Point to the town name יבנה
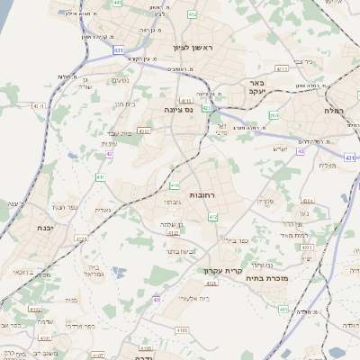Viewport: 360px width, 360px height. click(40, 228)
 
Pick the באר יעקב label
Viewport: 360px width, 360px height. click(259, 95)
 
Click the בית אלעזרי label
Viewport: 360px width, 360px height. click(194, 297)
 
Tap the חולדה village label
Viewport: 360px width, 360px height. click(302, 311)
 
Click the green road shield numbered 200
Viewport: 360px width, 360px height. click(274, 115)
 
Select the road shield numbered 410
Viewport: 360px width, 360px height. click(175, 186)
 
